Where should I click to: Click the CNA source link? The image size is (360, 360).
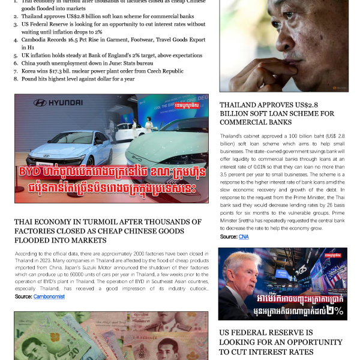[x=244, y=237]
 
